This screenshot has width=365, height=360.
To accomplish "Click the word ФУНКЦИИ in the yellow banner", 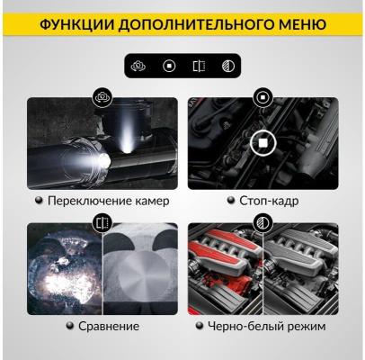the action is click(77, 24).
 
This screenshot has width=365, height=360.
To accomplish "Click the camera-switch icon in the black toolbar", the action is click(138, 66).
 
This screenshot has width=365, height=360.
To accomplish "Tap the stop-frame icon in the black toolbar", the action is click(169, 66).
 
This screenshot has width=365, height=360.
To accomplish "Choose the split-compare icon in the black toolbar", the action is click(199, 66).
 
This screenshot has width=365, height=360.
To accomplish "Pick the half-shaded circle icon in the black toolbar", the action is click(228, 66).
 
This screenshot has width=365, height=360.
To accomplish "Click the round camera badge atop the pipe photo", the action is click(102, 97).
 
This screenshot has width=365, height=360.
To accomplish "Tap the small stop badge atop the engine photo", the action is click(263, 97).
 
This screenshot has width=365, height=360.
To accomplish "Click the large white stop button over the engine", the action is click(263, 143).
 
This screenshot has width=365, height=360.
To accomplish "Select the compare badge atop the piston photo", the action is click(102, 223).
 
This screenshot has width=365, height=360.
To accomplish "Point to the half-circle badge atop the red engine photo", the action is click(263, 223).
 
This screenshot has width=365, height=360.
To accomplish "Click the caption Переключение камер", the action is click(109, 201).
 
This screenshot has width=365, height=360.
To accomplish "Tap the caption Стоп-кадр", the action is click(269, 201).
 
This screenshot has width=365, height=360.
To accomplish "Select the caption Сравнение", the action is click(109, 326).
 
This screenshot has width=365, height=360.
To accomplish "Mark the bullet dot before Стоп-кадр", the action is click(230, 200).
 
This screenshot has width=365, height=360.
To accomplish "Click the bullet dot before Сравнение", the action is click(70, 325).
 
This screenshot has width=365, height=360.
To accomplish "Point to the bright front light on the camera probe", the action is click(104, 160).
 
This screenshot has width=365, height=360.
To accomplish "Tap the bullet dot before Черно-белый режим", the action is click(199, 325).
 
